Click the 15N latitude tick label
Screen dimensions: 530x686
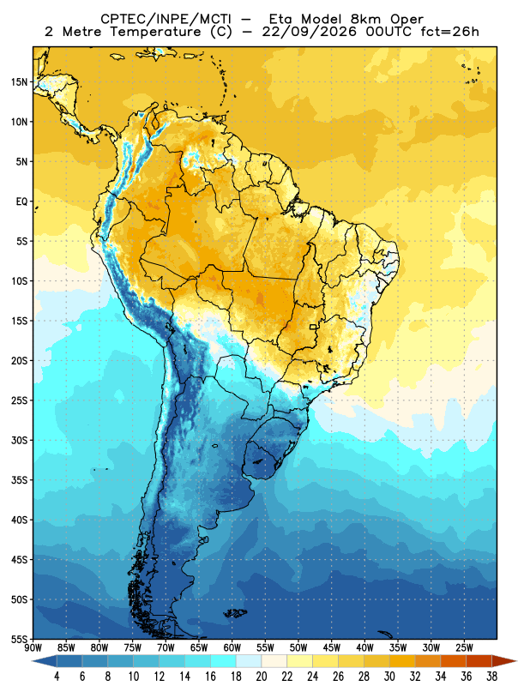pyautogui.click(x=19, y=81)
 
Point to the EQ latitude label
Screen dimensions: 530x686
pyautogui.click(x=22, y=202)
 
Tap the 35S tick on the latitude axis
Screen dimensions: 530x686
pyautogui.click(x=19, y=480)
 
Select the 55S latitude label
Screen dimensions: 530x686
pyautogui.click(x=19, y=639)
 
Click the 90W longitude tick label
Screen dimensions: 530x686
pyautogui.click(x=33, y=647)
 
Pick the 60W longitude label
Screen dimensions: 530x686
pyautogui.click(x=232, y=647)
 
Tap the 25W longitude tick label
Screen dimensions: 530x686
pyautogui.click(x=464, y=647)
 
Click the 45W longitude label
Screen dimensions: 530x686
pyautogui.click(x=332, y=647)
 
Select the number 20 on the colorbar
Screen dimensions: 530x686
pyautogui.click(x=262, y=677)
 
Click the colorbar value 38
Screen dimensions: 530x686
pyautogui.click(x=491, y=677)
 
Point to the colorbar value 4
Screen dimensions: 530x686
pyautogui.click(x=57, y=677)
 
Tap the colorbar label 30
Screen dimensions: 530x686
pyautogui.click(x=389, y=677)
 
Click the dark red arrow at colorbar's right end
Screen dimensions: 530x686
pyautogui.click(x=503, y=661)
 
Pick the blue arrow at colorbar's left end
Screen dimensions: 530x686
pyautogui.click(x=45, y=661)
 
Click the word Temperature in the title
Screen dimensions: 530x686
pyautogui.click(x=155, y=32)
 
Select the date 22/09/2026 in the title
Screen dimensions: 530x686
pyautogui.click(x=310, y=32)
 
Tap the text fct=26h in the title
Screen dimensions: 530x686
pyautogui.click(x=449, y=32)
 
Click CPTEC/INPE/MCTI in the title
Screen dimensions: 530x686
pyautogui.click(x=166, y=19)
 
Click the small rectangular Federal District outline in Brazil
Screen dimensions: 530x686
pyautogui.click(x=313, y=327)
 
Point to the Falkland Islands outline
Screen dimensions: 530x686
pyautogui.click(x=235, y=613)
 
